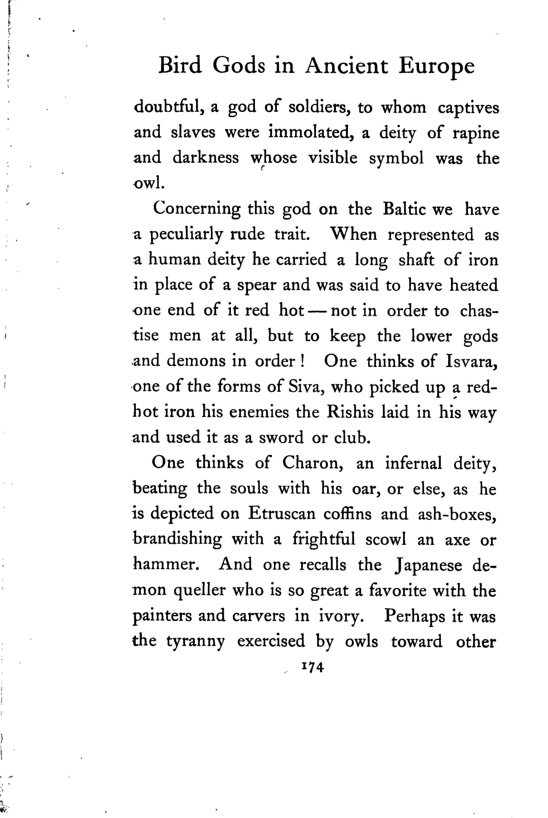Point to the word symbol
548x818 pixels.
(396, 158)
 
